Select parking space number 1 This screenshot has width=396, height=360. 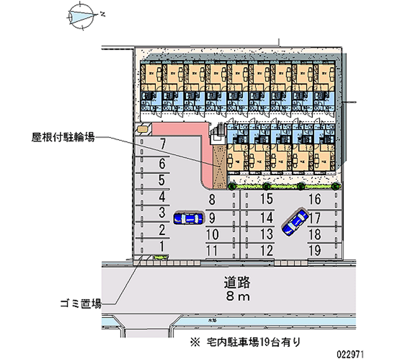(162, 245)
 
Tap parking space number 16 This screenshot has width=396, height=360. (315, 200)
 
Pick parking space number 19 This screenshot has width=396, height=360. (315, 250)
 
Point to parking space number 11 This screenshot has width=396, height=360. (212, 250)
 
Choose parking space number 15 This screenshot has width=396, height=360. (266, 200)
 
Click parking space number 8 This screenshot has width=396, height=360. (212, 201)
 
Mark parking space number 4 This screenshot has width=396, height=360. (162, 197)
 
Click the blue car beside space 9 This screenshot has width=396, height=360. (188, 218)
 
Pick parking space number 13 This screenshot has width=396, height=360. (266, 233)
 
